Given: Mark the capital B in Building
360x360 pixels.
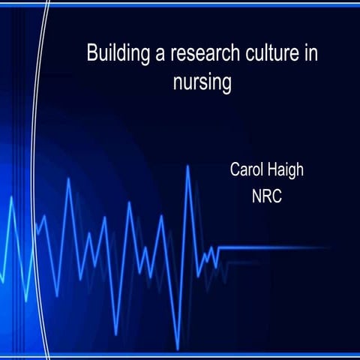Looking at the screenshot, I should click(x=91, y=54).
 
